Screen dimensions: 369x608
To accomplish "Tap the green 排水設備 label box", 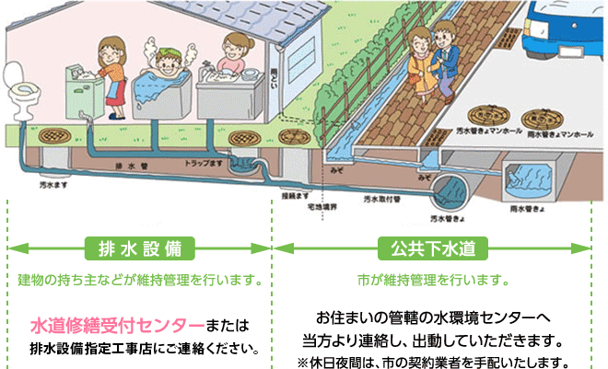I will (x=139, y=248).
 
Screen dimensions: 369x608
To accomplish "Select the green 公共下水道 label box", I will (x=432, y=248).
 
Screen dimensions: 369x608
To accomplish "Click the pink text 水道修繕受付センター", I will (x=117, y=325).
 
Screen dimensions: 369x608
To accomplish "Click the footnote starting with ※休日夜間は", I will (x=432, y=359).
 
